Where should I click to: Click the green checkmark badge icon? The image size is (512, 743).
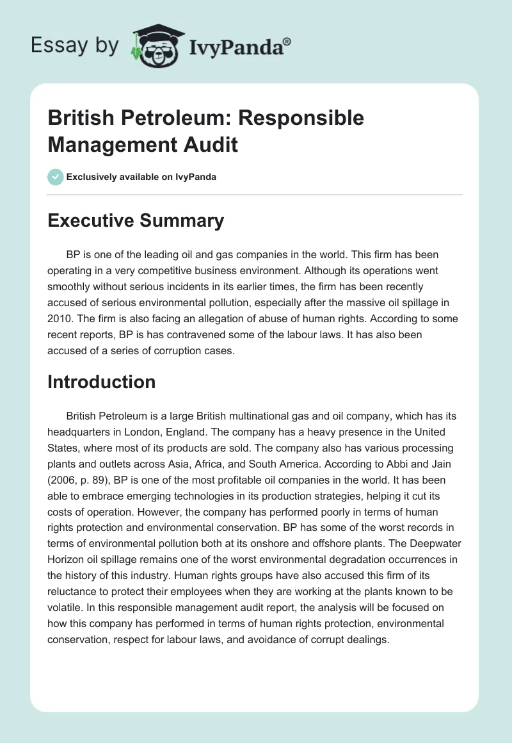click(55, 177)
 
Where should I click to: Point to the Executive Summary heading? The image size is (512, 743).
click(136, 221)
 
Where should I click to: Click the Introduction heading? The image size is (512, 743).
click(102, 382)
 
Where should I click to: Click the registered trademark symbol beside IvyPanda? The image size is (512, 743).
click(287, 42)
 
